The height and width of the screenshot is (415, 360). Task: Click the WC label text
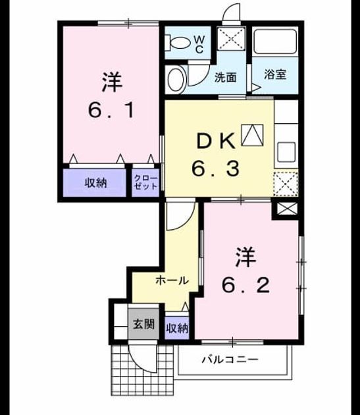(199, 44)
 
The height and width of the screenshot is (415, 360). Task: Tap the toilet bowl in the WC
(178, 42)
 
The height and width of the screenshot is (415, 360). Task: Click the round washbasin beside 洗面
(176, 80)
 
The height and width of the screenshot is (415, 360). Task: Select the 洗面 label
(225, 77)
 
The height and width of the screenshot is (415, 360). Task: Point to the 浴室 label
(275, 74)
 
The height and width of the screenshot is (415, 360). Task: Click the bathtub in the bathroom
(275, 41)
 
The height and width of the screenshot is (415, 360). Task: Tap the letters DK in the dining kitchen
(216, 141)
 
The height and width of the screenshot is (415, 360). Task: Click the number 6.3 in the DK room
(216, 169)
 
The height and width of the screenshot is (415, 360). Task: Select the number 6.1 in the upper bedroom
(112, 110)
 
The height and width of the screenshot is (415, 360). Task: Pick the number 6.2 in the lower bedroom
(246, 285)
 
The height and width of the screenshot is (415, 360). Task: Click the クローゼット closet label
(145, 182)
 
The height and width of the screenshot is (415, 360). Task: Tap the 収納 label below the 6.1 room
(95, 183)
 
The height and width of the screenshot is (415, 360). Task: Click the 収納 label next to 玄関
(177, 329)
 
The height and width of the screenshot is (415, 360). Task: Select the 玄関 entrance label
(143, 323)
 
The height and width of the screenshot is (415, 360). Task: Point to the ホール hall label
(172, 280)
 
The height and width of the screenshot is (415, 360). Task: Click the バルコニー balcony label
(230, 360)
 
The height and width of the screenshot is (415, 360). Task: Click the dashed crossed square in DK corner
(286, 184)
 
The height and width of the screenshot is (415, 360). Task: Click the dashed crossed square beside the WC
(231, 39)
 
